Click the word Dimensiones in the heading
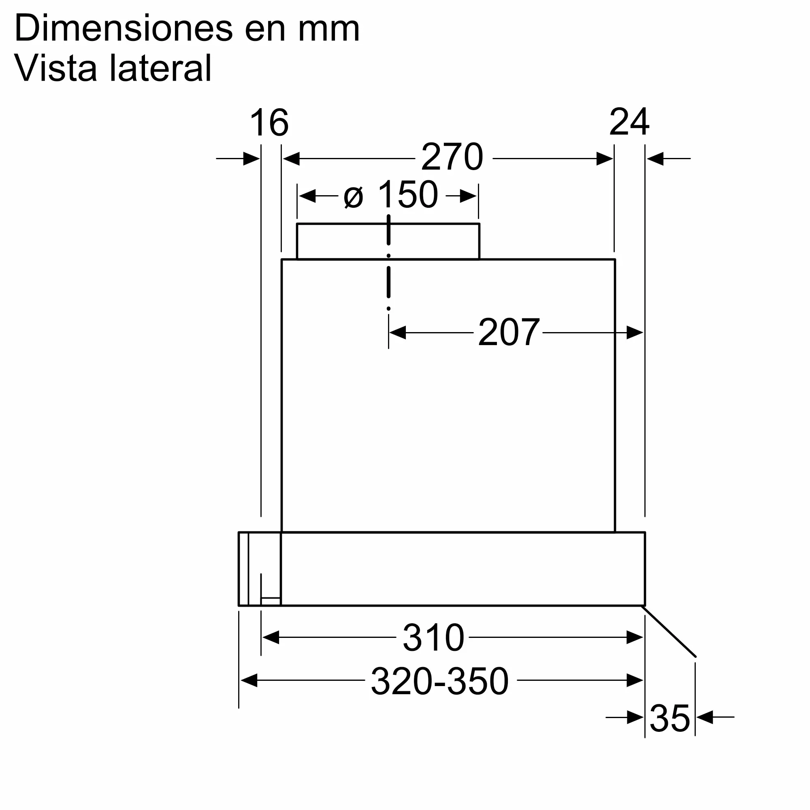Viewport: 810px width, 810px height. coord(123,28)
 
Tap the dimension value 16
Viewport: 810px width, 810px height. coord(269,123)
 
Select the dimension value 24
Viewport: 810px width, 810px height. coord(629,122)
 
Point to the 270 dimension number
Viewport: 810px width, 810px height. coord(452,157)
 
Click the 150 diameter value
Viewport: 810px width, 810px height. coord(407,194)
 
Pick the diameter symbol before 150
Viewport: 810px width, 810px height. coord(353,197)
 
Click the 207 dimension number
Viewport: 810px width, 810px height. coord(509,333)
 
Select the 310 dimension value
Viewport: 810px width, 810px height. coord(433,638)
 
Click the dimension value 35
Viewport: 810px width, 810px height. coord(669,718)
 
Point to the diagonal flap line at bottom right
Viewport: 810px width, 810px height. coord(669,631)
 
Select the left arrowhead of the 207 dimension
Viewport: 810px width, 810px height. coord(397,333)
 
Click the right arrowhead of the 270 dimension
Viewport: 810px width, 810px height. coord(605,159)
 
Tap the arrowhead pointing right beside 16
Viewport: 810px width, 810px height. coord(251,159)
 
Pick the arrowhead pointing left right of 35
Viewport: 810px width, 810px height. coord(705,717)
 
